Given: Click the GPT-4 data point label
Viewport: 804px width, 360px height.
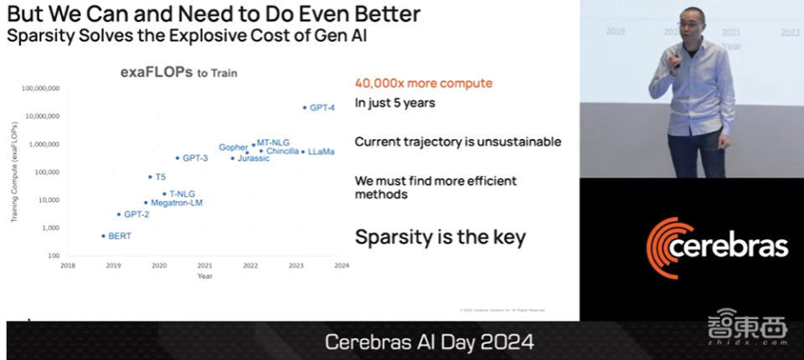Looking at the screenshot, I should [322, 108].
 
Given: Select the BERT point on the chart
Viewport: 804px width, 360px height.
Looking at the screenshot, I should [104, 236].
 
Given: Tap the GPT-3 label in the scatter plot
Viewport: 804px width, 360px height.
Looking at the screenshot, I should [195, 157].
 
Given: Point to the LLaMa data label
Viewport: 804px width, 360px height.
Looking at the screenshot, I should [321, 152].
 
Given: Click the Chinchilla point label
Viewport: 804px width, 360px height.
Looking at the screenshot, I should [282, 152].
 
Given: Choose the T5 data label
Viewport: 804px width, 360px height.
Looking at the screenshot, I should [160, 177].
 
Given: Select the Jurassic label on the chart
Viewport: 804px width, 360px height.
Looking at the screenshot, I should [253, 158].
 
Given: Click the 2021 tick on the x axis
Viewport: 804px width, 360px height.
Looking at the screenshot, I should [205, 265].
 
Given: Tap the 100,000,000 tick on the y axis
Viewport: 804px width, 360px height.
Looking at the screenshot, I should [39, 88].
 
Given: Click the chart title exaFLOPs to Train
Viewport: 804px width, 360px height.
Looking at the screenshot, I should [178, 73].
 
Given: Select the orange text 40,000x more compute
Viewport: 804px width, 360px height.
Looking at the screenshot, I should [423, 84].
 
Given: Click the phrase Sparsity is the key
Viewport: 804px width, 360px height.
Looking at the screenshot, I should [440, 237].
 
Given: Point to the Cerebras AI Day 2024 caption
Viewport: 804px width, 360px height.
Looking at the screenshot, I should [428, 342].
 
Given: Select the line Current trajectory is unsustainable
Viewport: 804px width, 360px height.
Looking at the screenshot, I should [457, 141].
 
